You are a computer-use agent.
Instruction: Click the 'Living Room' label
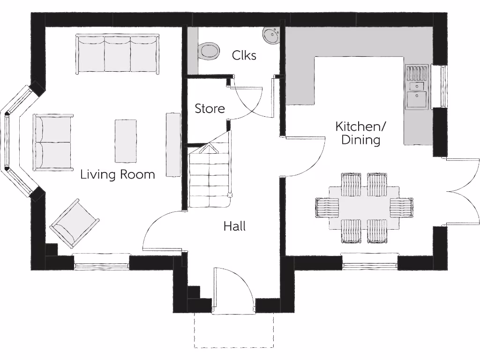coord(117,175)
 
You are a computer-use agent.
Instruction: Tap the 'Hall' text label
coord(234,226)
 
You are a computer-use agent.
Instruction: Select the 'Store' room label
coord(210,109)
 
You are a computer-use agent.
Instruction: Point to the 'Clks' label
coord(244,55)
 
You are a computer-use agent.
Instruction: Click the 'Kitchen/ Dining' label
coord(360,133)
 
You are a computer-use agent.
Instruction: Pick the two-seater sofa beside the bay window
coord(53,142)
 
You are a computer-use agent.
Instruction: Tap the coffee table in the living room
coord(126,141)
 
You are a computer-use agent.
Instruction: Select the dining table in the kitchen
coord(364,208)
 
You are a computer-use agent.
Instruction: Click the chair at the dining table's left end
coord(327,208)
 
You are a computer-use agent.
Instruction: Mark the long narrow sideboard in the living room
coord(173,144)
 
